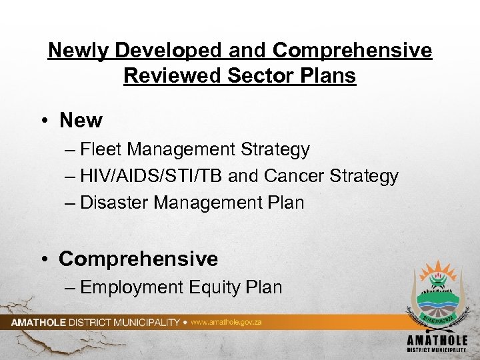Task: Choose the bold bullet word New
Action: (81, 121)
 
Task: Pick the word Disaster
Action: (115, 203)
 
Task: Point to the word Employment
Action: (131, 287)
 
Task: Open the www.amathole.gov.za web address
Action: (226, 322)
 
